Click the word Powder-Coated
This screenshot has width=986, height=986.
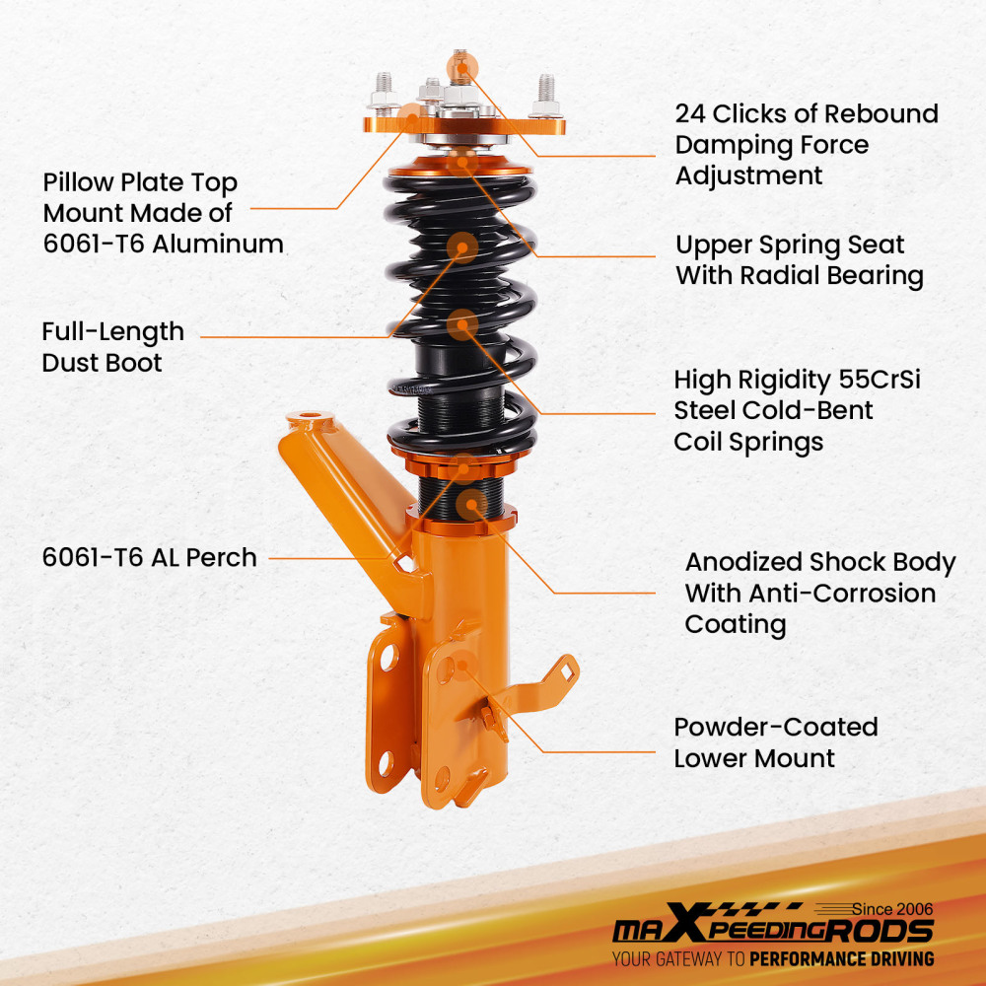776,728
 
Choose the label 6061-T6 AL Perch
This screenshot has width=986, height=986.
149,557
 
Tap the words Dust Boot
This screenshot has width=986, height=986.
102,363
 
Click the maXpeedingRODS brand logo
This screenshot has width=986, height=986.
773,932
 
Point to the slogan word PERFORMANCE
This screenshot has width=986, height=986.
811,958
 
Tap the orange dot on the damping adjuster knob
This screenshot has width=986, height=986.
459,67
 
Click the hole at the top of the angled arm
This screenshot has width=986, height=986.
309,417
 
